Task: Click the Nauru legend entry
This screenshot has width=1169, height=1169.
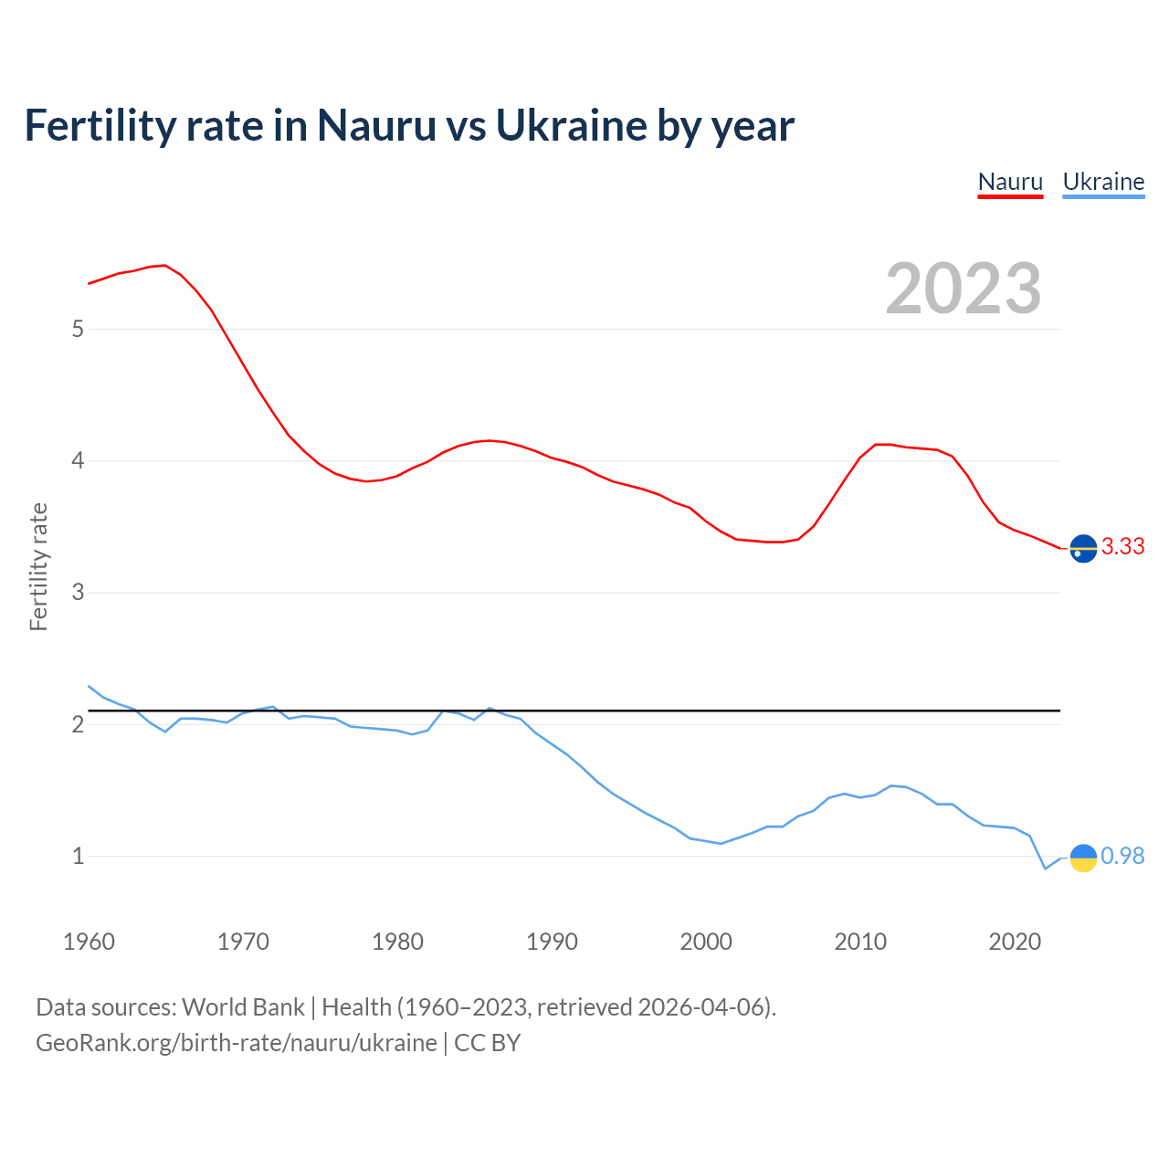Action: pyautogui.click(x=1010, y=182)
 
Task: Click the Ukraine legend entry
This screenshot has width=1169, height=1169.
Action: pyautogui.click(x=1103, y=182)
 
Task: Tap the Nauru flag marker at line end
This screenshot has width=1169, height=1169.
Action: pyautogui.click(x=1083, y=548)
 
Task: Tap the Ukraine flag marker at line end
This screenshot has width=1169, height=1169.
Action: pyautogui.click(x=1083, y=858)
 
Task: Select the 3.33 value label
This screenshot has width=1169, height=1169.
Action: pyautogui.click(x=1122, y=546)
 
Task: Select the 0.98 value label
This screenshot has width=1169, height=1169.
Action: pyautogui.click(x=1122, y=856)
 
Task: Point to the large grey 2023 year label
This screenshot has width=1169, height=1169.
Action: pyautogui.click(x=964, y=289)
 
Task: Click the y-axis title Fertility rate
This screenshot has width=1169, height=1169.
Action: pyautogui.click(x=38, y=566)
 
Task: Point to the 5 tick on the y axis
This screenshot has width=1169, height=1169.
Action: pyautogui.click(x=78, y=329)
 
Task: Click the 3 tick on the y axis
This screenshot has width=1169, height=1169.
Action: pyautogui.click(x=78, y=593)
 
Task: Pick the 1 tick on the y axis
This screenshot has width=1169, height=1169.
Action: pyautogui.click(x=78, y=857)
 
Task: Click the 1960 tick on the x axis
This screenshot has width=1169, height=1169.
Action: pyautogui.click(x=89, y=942)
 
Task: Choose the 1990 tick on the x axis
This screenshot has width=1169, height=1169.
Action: pyautogui.click(x=552, y=942)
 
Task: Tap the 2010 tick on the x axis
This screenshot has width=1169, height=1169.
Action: pyautogui.click(x=860, y=942)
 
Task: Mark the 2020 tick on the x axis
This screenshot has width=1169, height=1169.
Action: pyautogui.click(x=1015, y=942)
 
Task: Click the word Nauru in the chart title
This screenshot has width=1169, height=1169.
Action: pyautogui.click(x=376, y=126)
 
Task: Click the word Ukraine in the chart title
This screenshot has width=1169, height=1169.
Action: pyautogui.click(x=570, y=126)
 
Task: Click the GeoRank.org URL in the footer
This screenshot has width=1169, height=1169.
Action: pyautogui.click(x=237, y=1043)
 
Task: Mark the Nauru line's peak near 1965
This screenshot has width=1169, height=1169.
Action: pyautogui.click(x=164, y=265)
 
